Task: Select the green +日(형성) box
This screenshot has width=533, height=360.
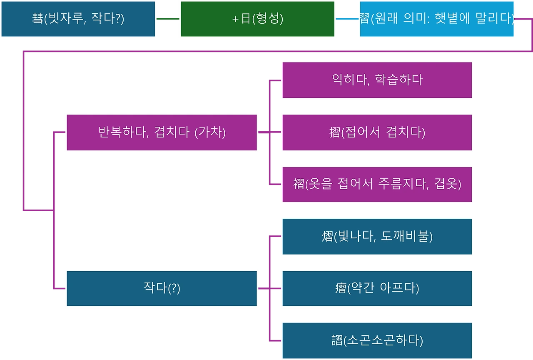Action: (x=258, y=19)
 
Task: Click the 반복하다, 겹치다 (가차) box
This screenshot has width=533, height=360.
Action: (x=162, y=132)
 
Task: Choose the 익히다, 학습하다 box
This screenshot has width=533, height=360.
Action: (x=377, y=80)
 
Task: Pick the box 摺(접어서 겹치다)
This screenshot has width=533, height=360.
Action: (x=377, y=132)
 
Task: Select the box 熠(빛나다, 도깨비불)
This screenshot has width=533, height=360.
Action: (x=377, y=237)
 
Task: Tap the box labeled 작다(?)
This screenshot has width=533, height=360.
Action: (x=162, y=288)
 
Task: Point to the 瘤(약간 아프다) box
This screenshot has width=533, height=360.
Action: (x=377, y=288)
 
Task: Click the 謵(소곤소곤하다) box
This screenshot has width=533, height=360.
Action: (x=377, y=341)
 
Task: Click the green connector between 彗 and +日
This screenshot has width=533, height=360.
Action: (x=168, y=19)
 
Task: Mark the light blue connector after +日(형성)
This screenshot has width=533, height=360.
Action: (x=347, y=19)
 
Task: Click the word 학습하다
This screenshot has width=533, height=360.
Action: (x=399, y=80)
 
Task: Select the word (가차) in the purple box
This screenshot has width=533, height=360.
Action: (x=210, y=132)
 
